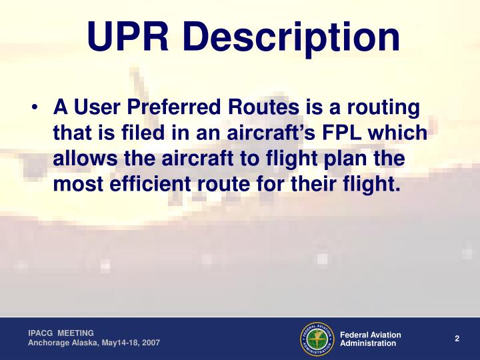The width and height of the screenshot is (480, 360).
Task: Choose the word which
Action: [x=400, y=133]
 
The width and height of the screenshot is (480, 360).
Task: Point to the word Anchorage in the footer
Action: [x=48, y=343]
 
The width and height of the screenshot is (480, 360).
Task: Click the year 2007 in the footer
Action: [x=150, y=343]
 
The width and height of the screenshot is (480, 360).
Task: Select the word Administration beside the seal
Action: [x=368, y=343]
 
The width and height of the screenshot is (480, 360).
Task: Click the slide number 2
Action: [x=457, y=339]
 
